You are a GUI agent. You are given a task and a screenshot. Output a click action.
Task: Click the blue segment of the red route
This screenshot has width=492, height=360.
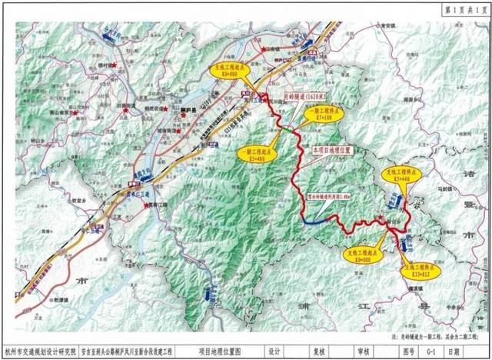pyautogui.click(x=315, y=220)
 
